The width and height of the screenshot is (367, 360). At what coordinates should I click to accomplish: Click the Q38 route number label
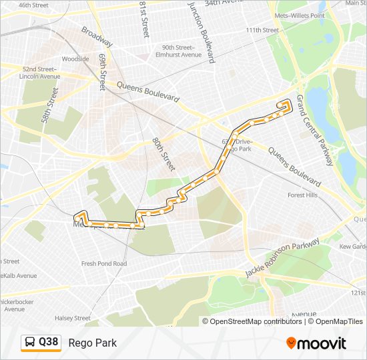click(x=49, y=343)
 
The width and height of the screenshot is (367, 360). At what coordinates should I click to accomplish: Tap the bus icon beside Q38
click(x=31, y=343)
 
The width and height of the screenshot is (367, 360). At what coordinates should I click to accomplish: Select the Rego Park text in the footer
click(x=92, y=343)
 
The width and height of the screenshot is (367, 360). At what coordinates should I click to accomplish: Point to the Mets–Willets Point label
click(x=300, y=15)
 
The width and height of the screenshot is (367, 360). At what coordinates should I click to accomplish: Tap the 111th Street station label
click(x=262, y=30)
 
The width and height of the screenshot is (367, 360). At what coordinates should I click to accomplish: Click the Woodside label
click(x=75, y=59)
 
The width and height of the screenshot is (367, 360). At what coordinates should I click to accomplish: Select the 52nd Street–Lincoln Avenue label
click(x=40, y=73)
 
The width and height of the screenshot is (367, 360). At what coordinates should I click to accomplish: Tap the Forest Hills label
click(x=302, y=195)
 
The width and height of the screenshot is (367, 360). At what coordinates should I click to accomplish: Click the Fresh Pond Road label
click(x=103, y=264)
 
